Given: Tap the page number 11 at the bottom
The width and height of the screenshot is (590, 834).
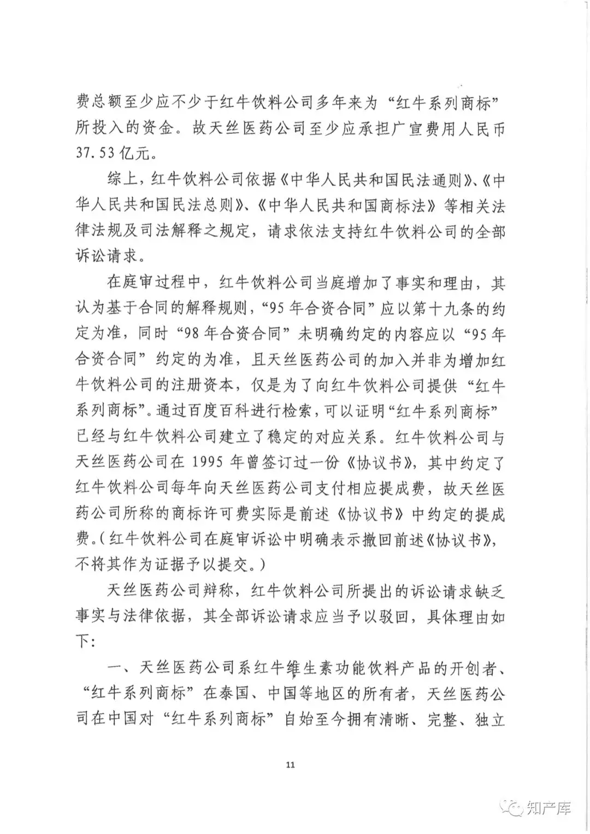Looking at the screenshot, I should click(x=290, y=765).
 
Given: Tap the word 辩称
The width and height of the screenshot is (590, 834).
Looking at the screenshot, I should click(x=220, y=591).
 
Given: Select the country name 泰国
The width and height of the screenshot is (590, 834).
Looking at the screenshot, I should click(x=234, y=694).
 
